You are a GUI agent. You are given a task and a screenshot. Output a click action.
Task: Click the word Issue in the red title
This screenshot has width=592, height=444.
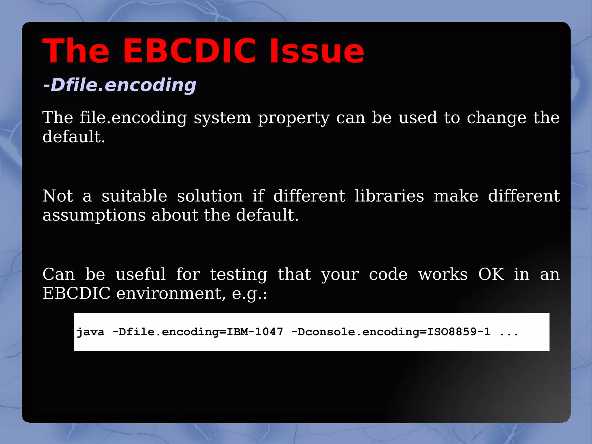[317, 51]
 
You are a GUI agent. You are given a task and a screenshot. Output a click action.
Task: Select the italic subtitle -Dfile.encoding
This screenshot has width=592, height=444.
[119, 85]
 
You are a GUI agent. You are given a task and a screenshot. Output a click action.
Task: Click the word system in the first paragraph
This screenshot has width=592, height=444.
[222, 118]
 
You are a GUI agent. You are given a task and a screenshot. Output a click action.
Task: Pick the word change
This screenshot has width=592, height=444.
[497, 118]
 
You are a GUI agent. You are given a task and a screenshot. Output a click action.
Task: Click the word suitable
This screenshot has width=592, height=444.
[134, 196]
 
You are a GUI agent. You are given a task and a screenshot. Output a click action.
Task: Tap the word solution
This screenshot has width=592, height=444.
[210, 196]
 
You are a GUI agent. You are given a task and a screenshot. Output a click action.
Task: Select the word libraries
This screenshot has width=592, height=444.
[389, 196]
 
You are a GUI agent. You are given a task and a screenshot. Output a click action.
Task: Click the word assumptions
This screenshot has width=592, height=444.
[94, 216]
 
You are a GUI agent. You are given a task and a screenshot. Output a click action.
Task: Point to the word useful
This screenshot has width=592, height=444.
[141, 274]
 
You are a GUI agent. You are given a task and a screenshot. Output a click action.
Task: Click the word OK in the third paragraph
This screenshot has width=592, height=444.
[491, 274]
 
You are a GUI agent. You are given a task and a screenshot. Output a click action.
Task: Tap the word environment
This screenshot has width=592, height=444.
[171, 294]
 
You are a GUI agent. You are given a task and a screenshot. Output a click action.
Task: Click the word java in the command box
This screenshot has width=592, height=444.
[90, 332]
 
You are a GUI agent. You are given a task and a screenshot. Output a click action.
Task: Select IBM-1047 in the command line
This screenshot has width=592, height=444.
[255, 332]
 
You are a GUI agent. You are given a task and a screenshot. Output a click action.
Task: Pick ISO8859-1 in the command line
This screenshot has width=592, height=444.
[459, 332]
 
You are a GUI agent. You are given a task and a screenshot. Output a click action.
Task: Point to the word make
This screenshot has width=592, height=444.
[456, 196]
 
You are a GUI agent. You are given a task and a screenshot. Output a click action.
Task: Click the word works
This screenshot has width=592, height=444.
[443, 274]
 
